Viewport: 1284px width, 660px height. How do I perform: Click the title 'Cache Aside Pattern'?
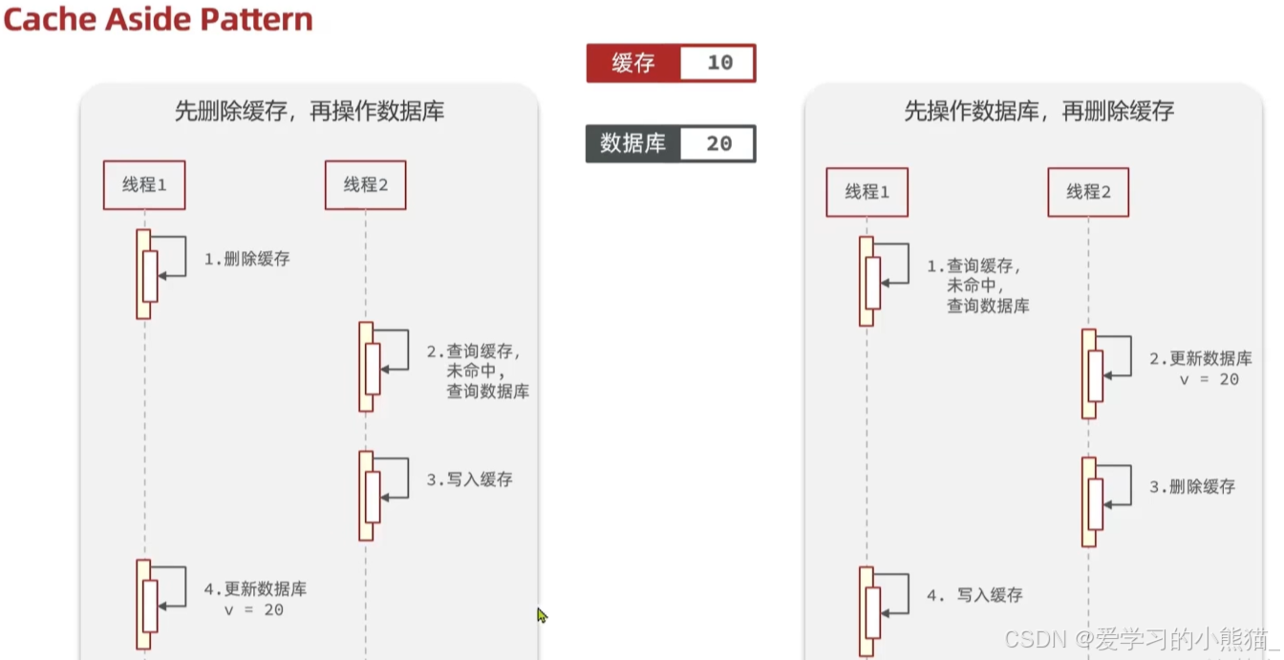tap(159, 20)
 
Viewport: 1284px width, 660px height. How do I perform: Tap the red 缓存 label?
tap(632, 63)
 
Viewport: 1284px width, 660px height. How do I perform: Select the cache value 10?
tap(718, 63)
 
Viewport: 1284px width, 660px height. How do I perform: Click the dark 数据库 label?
tap(632, 143)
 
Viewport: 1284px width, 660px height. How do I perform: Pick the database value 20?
tap(718, 144)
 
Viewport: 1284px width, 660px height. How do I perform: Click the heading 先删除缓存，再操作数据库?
tap(309, 111)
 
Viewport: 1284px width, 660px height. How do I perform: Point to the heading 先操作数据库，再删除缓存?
tap(1038, 111)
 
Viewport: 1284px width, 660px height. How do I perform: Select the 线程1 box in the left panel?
tap(144, 185)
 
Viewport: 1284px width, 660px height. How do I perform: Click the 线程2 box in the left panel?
tap(365, 185)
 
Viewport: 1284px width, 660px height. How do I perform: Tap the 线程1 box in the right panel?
tap(867, 192)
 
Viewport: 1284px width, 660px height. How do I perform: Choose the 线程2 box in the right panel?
tap(1087, 192)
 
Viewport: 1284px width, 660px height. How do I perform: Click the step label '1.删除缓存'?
tap(246, 259)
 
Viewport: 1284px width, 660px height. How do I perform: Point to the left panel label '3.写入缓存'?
tap(469, 479)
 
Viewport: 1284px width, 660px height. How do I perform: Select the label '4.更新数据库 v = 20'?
tap(255, 599)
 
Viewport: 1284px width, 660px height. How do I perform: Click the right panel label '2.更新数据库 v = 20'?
tap(1200, 369)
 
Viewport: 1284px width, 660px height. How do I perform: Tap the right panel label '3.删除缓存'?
tap(1191, 487)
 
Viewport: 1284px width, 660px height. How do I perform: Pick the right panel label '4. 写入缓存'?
tap(974, 595)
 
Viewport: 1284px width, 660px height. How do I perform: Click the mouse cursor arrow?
tap(542, 615)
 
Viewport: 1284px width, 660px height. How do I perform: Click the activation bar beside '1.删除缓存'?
tap(144, 274)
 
